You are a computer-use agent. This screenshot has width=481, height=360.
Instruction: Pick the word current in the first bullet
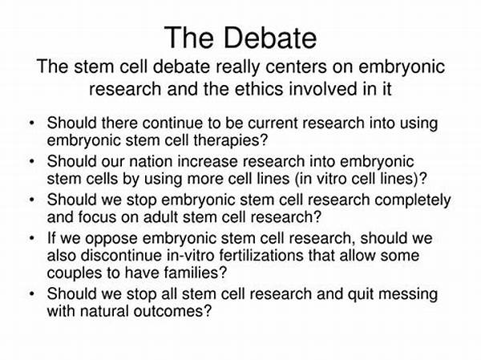[273, 123]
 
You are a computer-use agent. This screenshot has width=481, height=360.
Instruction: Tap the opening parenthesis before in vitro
[297, 179]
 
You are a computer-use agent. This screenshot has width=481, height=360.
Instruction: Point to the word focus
[97, 217]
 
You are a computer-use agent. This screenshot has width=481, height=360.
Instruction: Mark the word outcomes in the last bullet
[172, 311]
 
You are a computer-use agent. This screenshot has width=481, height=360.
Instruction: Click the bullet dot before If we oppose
[31, 238]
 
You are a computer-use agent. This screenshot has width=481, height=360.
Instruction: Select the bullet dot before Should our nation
[31, 161]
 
